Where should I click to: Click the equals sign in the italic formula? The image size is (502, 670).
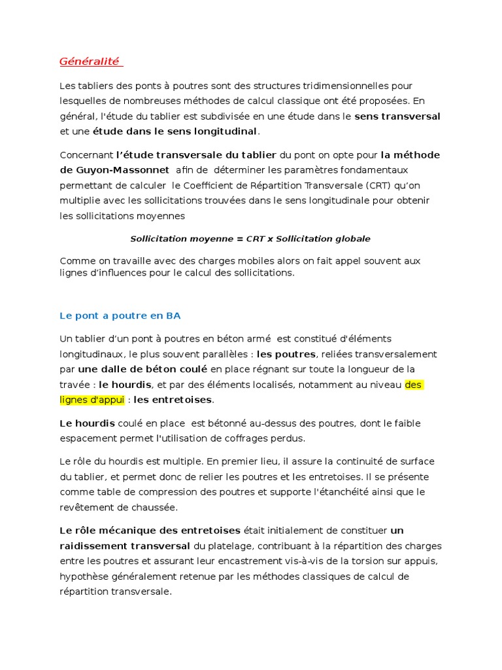[239, 239]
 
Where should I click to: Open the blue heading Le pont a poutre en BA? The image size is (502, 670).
[120, 315]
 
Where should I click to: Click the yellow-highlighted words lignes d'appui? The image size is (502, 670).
[92, 399]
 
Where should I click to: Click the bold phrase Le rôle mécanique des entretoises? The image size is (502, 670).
[150, 530]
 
